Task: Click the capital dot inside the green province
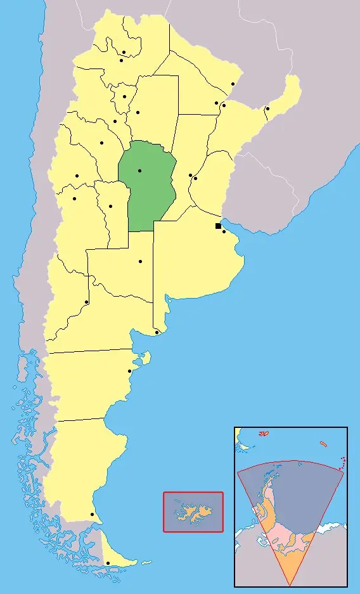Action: click(x=139, y=171)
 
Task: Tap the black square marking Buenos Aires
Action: click(x=218, y=226)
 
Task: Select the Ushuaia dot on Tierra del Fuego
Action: click(x=108, y=563)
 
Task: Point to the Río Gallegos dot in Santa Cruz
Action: click(x=92, y=514)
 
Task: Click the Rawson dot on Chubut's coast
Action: click(x=130, y=371)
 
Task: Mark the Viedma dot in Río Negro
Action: click(x=157, y=332)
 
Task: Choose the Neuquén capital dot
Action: click(x=86, y=302)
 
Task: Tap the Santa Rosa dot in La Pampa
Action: click(x=140, y=261)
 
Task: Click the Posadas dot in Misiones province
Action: click(x=267, y=108)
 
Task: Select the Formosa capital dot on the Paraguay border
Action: click(x=233, y=84)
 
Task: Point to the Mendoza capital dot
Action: click(x=74, y=198)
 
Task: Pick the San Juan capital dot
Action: click(x=77, y=176)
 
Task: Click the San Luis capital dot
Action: click(x=110, y=206)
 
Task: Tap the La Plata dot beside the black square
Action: click(x=224, y=231)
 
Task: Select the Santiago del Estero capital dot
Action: click(x=138, y=113)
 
